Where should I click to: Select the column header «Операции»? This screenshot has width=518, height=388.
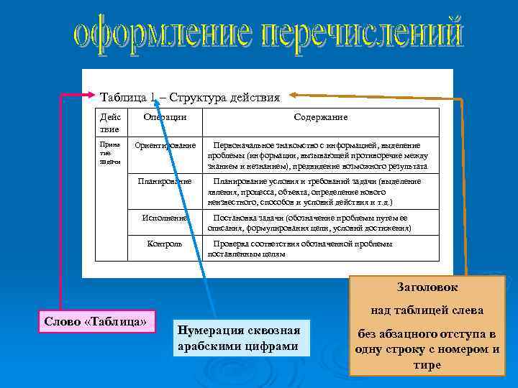(165, 116)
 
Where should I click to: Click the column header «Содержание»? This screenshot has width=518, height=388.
(320, 116)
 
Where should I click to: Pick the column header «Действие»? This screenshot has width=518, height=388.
(111, 122)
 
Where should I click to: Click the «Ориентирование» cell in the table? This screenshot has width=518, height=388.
(165, 146)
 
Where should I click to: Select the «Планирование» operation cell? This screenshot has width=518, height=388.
(165, 182)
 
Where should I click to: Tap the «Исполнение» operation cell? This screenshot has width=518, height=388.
(165, 218)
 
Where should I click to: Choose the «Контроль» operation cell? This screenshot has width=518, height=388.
(165, 244)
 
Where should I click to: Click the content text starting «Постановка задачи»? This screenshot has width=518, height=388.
(309, 223)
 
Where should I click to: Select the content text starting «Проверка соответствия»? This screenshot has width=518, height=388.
(302, 249)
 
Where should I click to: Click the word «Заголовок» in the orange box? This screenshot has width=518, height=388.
(427, 287)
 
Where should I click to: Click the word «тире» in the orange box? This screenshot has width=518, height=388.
(427, 365)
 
